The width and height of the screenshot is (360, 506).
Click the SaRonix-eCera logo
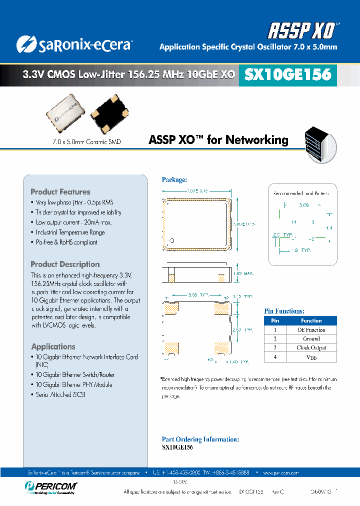pyautogui.click(x=73, y=44)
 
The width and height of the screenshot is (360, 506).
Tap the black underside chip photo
pyautogui.click(x=113, y=114)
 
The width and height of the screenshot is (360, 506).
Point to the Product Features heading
pyautogui.click(x=60, y=192)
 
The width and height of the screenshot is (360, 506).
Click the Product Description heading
pyautogui.click(x=65, y=264)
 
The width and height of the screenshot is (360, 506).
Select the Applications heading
pyautogui.click(x=53, y=346)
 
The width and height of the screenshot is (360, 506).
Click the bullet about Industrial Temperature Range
pyautogui.click(x=70, y=232)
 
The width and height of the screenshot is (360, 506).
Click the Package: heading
pyautogui.click(x=174, y=179)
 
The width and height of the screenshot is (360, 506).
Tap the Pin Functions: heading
pyautogui.click(x=284, y=311)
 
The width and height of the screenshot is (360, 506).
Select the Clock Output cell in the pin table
pyautogui.click(x=311, y=348)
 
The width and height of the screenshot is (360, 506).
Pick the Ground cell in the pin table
pyautogui.click(x=311, y=339)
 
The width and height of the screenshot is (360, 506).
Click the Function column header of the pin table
pyautogui.click(x=311, y=320)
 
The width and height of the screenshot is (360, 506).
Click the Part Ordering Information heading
pyautogui.click(x=200, y=439)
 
